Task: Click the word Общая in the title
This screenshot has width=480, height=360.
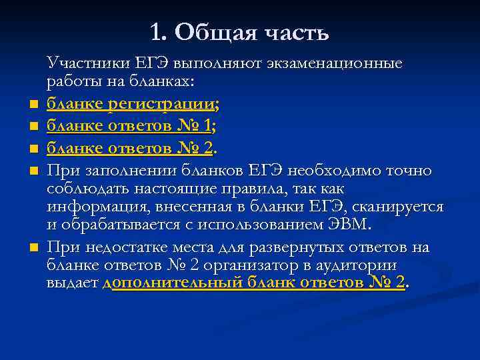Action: [213, 33]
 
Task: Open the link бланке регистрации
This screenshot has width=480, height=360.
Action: [131, 104]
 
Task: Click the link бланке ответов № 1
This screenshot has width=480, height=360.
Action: [129, 125]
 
